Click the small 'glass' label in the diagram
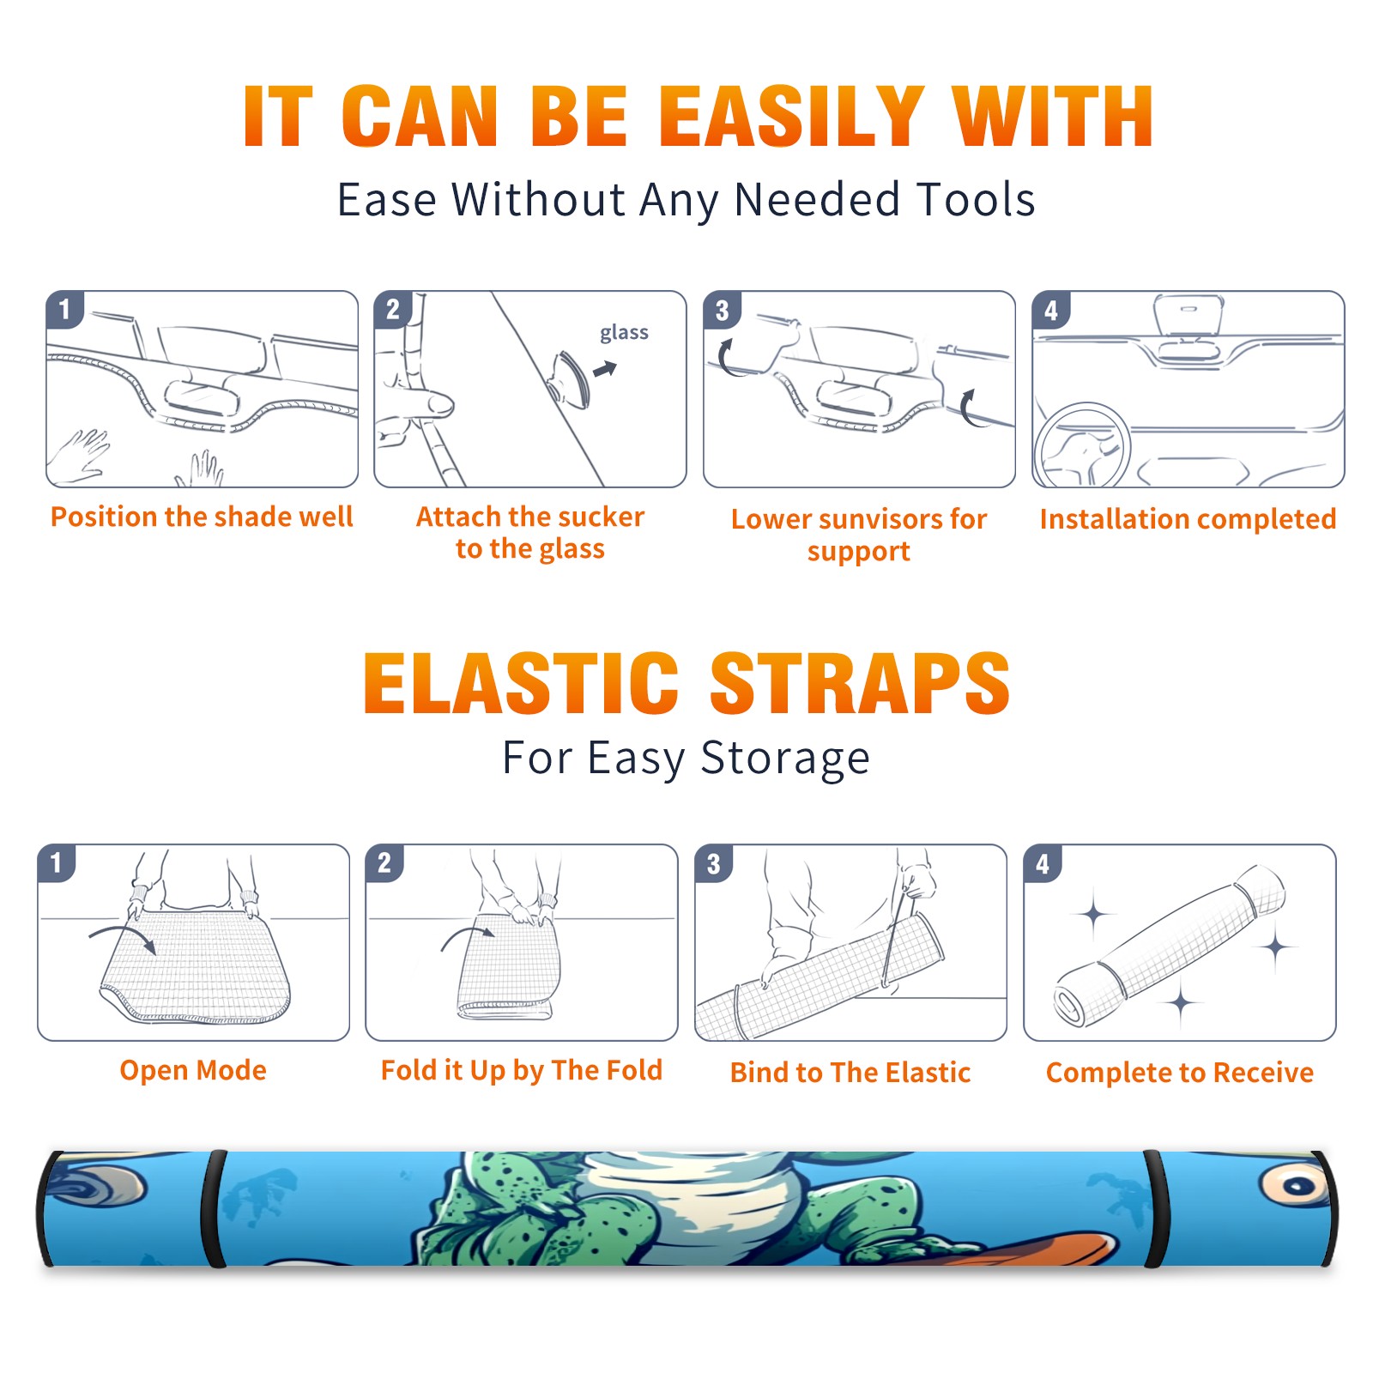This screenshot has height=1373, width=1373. pos(624,333)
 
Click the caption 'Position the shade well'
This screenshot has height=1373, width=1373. pos(202,517)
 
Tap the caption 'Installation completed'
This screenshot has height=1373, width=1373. pos(1188,519)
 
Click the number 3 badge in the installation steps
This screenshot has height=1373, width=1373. pos(722,311)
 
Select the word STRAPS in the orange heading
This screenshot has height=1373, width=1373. pos(860,683)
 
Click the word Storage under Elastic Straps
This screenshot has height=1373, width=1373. pos(785,759)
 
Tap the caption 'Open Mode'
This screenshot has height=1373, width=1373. pos(193,1070)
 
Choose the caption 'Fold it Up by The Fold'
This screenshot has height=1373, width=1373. pos(522,1070)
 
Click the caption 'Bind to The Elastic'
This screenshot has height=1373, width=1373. pos(850,1073)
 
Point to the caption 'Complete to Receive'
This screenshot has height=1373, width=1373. pos(1180,1073)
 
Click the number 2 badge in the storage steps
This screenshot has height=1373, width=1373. pos(384,863)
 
